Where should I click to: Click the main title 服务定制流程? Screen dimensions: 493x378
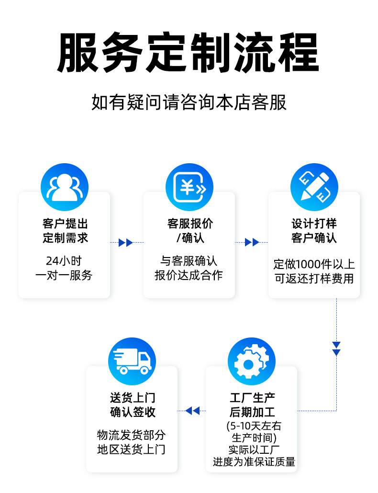click(x=189, y=52)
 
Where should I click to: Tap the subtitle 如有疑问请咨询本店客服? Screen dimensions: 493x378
click(x=189, y=102)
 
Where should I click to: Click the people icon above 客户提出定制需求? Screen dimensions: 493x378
click(x=65, y=187)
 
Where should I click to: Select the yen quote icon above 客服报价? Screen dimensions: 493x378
click(x=189, y=187)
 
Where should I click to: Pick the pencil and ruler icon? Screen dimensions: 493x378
click(x=314, y=187)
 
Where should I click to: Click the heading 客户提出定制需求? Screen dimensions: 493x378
click(x=65, y=231)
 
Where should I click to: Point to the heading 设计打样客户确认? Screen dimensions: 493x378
click(x=314, y=231)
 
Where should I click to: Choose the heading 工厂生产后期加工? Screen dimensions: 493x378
click(x=252, y=405)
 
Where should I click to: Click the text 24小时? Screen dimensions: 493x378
click(x=64, y=261)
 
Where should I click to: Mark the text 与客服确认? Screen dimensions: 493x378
click(x=189, y=261)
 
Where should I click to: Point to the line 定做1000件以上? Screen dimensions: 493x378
click(x=314, y=264)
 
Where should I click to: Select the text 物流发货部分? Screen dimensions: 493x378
click(x=132, y=435)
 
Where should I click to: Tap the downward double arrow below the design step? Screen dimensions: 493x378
click(x=336, y=348)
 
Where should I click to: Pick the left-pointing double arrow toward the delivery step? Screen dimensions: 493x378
click(x=192, y=411)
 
